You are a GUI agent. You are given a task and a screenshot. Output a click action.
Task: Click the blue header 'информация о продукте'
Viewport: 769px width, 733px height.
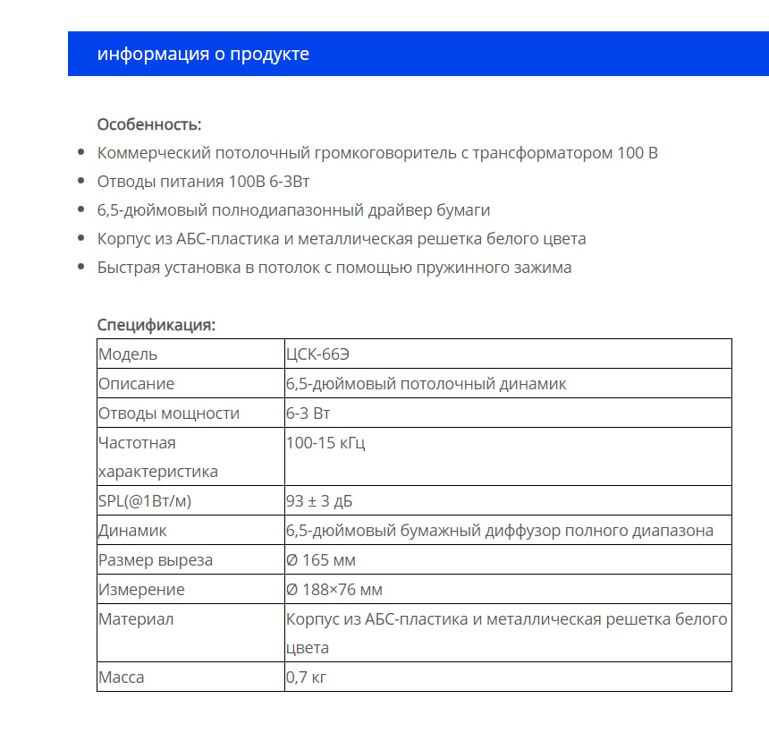(x=203, y=54)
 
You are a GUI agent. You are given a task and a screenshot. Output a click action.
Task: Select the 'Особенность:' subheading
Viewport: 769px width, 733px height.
(x=149, y=124)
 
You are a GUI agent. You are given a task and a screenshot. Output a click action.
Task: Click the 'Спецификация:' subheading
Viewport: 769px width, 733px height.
(x=156, y=325)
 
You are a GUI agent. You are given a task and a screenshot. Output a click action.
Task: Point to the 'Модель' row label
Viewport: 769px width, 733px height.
(x=128, y=354)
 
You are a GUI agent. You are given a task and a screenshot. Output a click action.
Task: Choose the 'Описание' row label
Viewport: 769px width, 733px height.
(x=137, y=383)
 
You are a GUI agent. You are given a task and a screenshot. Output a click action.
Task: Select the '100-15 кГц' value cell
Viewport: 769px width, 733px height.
(x=325, y=443)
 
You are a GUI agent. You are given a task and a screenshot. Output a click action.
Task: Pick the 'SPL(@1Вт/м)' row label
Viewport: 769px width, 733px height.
(x=145, y=501)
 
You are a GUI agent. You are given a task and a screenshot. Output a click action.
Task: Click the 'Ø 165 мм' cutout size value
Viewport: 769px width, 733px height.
(x=321, y=560)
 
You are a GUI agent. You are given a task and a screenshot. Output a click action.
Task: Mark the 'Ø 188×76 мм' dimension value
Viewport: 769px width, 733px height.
(x=334, y=590)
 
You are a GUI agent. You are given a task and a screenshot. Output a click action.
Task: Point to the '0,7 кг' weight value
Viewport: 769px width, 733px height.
(x=307, y=677)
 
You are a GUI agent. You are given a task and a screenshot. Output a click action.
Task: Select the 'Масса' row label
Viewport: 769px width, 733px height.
(x=122, y=677)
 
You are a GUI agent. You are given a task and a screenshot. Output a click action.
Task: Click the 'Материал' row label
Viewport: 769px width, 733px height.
(x=136, y=619)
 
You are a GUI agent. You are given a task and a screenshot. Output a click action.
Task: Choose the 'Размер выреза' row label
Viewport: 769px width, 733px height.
(x=156, y=560)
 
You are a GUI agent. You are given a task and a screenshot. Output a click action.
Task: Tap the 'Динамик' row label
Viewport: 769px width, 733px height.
(x=132, y=531)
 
